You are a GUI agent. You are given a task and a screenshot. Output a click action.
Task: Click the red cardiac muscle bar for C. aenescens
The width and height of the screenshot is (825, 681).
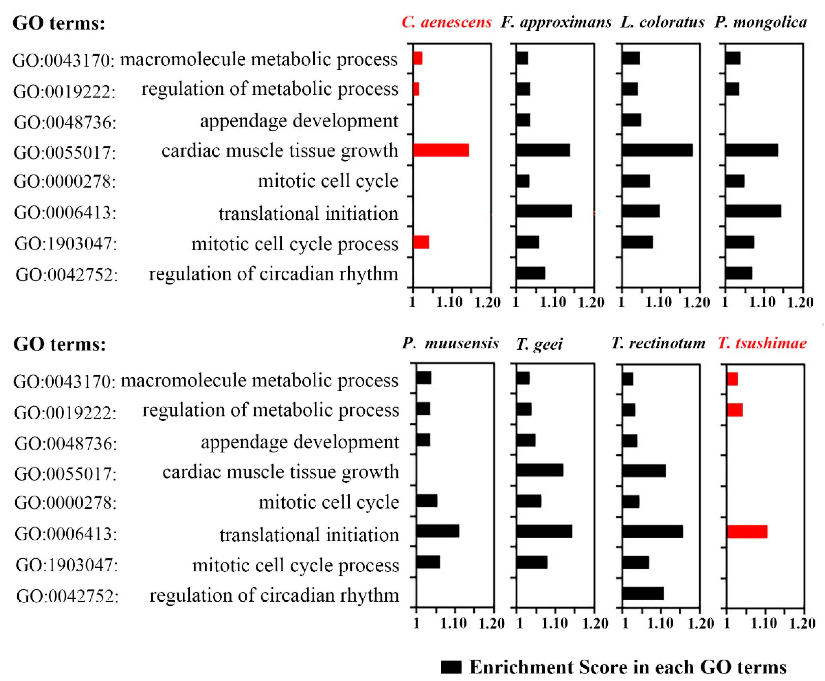pos(441,150)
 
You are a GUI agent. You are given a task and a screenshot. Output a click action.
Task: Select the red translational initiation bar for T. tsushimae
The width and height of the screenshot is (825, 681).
pos(747,532)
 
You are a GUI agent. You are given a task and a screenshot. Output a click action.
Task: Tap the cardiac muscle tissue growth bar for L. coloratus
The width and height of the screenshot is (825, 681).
pos(657,150)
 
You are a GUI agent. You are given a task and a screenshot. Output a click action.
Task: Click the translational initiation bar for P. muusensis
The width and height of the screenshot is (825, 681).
pos(438,531)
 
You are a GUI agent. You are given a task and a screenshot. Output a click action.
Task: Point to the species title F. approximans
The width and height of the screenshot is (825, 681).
pos(556,22)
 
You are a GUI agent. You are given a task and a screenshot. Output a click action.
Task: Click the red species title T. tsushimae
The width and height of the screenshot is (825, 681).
pos(762,343)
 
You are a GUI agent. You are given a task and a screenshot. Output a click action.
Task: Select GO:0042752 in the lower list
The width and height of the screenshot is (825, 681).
pos(67,596)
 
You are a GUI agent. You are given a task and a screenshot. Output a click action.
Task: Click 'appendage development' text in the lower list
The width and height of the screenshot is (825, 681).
pos(300,442)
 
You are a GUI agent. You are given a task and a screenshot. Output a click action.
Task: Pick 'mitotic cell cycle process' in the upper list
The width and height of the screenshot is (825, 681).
pos(295,244)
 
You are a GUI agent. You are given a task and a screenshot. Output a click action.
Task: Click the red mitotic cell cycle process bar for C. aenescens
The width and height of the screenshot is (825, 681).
pos(421,242)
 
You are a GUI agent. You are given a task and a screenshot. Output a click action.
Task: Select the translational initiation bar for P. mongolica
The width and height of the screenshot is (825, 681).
pos(753,211)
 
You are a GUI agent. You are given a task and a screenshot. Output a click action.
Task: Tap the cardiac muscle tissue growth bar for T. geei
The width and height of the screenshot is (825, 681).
pos(540,470)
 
